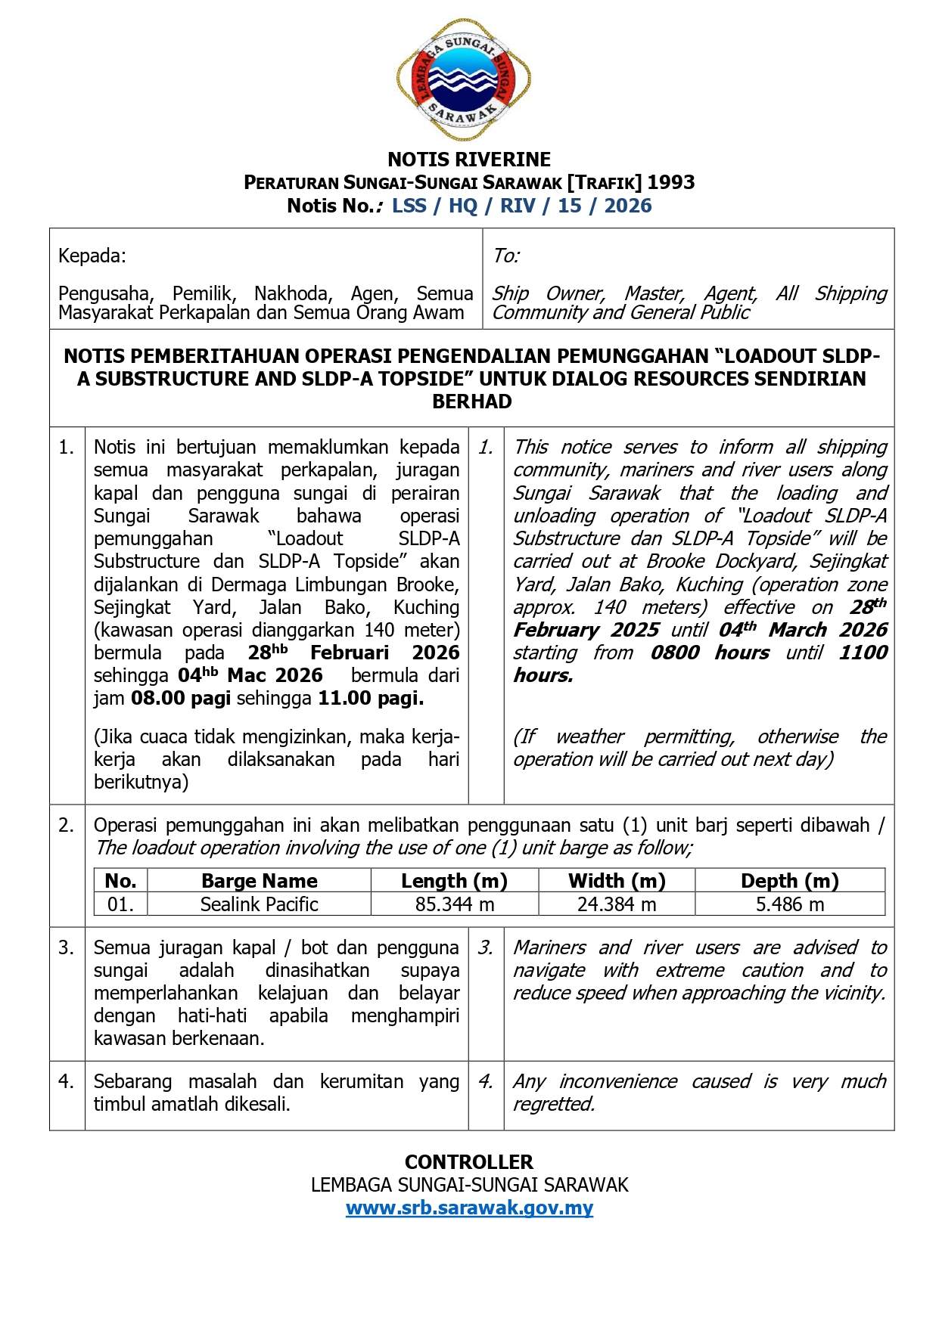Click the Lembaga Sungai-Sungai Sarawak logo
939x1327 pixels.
(x=464, y=80)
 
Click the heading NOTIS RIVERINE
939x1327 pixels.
(x=469, y=160)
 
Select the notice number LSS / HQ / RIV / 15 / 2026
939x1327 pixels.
(x=521, y=206)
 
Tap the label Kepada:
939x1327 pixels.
(x=92, y=256)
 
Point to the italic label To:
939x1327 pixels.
(x=505, y=256)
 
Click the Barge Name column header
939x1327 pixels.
(x=259, y=881)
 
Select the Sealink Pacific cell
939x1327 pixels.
(x=259, y=904)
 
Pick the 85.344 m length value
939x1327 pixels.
(x=454, y=904)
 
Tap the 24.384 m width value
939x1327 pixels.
(x=617, y=904)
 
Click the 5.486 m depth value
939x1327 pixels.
(x=789, y=904)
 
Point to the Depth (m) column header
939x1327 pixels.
(x=789, y=881)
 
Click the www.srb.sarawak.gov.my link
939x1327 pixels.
(x=469, y=1208)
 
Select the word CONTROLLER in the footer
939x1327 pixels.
(x=469, y=1162)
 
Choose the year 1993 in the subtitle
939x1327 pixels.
(x=670, y=182)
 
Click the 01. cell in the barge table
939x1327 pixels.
(x=120, y=904)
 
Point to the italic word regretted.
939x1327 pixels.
(x=553, y=1105)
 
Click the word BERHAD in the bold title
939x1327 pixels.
(x=471, y=402)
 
